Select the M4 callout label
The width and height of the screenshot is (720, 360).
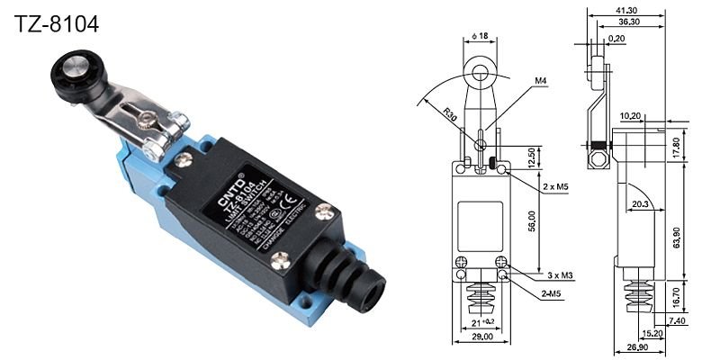point(541,82)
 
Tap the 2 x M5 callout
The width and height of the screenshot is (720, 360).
point(554,187)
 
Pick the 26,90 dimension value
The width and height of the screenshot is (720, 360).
point(637,346)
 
